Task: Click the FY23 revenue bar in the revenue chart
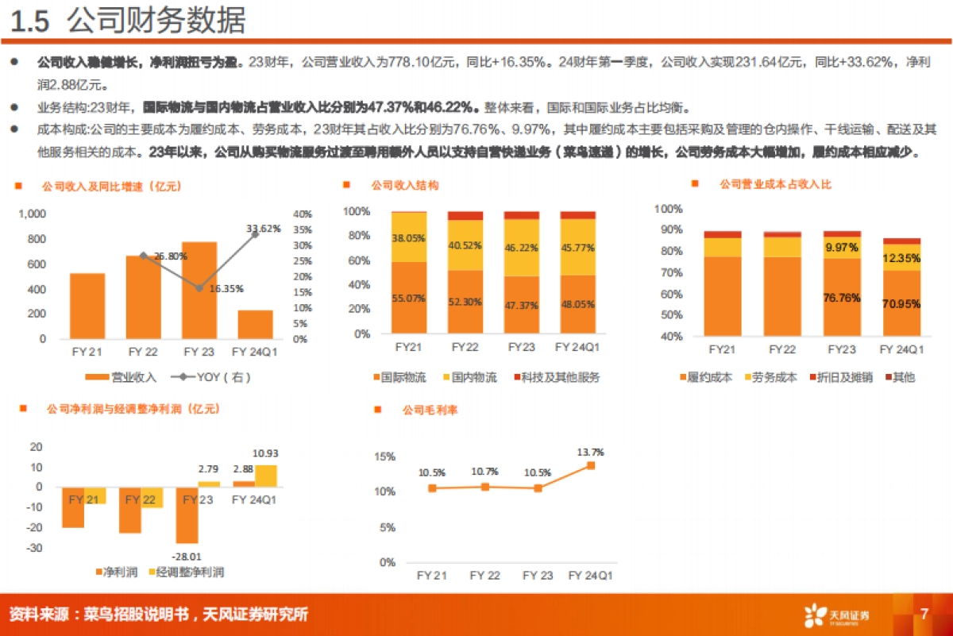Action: tap(199, 290)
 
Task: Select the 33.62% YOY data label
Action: tap(263, 229)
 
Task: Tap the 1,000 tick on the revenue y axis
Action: tap(33, 214)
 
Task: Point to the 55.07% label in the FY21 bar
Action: tap(408, 299)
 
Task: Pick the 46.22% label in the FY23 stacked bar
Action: tap(521, 248)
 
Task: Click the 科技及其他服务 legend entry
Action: tap(556, 378)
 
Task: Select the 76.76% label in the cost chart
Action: tap(841, 299)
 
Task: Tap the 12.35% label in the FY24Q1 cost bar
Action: tap(900, 258)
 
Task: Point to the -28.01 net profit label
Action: tap(188, 557)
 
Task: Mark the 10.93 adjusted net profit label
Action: tap(264, 453)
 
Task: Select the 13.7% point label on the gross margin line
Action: tap(590, 452)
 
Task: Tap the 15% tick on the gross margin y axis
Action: tap(384, 457)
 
